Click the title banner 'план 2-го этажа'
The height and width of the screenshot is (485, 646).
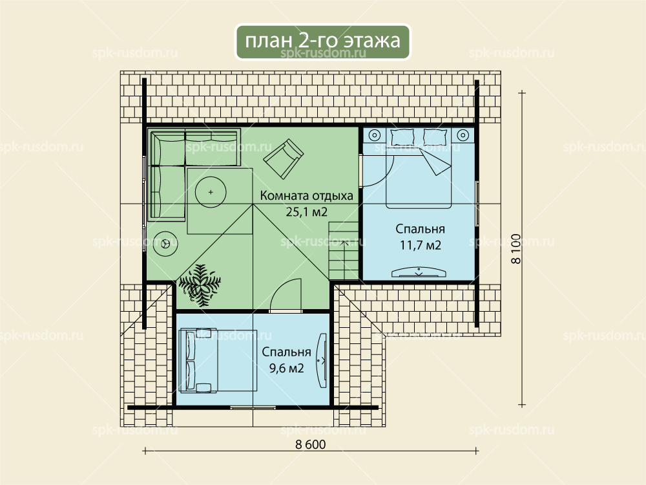[322, 41]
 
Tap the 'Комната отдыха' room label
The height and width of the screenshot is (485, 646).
[306, 195]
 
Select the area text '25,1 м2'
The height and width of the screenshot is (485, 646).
[306, 212]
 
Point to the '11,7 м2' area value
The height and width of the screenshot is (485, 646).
[421, 245]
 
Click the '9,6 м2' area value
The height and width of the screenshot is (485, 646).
[286, 368]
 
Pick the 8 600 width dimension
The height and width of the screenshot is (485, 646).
[310, 444]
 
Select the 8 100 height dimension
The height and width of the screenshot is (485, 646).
[516, 249]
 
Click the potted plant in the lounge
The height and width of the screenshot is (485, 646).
[200, 285]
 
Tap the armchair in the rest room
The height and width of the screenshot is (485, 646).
[284, 159]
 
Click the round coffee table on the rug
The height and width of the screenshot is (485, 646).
[211, 192]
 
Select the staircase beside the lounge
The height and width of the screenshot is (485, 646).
[344, 250]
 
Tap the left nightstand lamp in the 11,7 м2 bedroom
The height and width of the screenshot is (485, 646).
[375, 135]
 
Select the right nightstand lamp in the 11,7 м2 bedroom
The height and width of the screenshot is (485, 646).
[463, 135]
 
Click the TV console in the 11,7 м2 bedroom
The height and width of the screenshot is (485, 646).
[419, 272]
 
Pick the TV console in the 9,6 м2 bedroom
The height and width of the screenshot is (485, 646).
[321, 360]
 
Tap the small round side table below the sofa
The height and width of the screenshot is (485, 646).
[165, 244]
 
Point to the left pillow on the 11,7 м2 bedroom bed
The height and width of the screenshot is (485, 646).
[402, 137]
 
